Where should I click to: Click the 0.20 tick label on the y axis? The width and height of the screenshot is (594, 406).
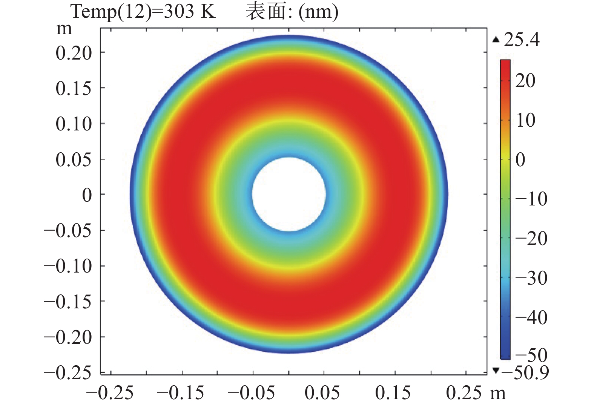point(74,53)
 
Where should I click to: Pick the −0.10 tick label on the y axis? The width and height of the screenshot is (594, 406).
point(68,266)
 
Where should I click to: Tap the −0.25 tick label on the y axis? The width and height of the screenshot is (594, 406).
point(68,373)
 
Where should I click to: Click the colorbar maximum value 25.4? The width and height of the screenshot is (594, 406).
point(522,40)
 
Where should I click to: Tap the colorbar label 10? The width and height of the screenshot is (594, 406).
point(525,120)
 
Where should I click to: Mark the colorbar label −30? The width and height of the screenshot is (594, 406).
point(531,278)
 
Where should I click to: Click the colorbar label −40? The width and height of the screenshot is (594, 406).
point(531,318)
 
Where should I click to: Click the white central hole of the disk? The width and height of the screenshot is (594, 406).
point(289,194)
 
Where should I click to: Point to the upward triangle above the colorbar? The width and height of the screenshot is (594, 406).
point(496,40)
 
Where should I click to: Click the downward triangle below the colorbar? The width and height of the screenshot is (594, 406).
point(496,371)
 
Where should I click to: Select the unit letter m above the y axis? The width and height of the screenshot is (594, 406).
point(64,29)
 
